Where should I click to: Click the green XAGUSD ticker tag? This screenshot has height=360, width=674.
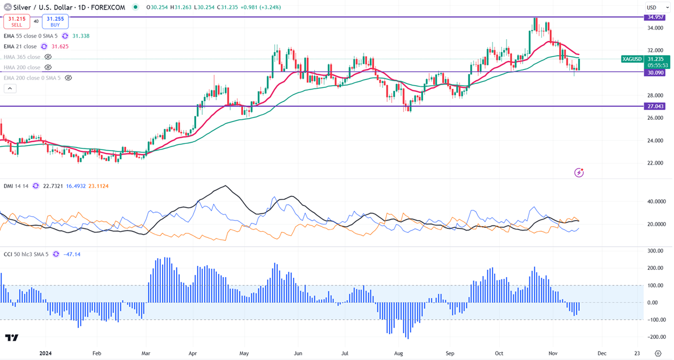click(633, 59)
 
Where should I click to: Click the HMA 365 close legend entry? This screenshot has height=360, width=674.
click(22, 57)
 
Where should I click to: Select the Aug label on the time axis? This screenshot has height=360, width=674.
click(398, 354)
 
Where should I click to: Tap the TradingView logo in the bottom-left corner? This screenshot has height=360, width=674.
click(12, 338)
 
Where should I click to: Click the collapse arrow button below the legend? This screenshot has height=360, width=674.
click(10, 88)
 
